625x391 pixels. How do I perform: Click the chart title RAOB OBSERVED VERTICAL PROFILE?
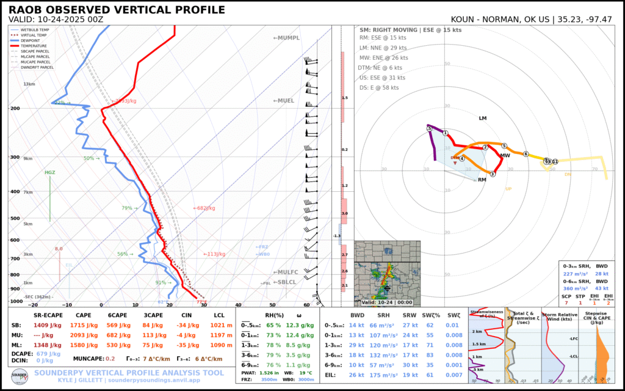point(117,10)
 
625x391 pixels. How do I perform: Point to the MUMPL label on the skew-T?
point(286,38)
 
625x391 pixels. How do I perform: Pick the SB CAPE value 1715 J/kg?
point(84,326)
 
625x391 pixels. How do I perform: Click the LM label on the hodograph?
point(483,118)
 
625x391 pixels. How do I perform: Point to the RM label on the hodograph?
point(482,180)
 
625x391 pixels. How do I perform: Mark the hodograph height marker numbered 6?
point(525,154)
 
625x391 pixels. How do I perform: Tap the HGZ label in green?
point(50,173)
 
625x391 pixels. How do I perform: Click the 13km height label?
point(29,84)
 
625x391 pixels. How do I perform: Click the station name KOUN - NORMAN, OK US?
point(500,20)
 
